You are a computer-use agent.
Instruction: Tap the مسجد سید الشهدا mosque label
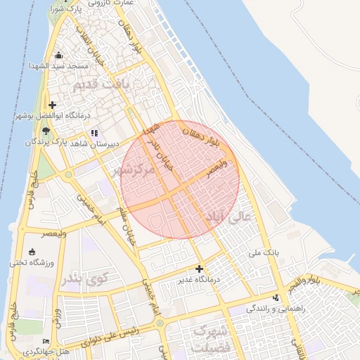[x=64, y=65]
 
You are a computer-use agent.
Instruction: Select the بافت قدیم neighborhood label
[x=94, y=85]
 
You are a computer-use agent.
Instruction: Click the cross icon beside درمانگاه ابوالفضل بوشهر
[x=52, y=105]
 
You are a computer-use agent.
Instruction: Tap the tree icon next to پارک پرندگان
[x=46, y=131]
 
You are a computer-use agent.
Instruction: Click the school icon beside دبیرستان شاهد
[x=94, y=132]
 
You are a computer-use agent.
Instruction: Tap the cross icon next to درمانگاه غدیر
[x=200, y=269]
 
